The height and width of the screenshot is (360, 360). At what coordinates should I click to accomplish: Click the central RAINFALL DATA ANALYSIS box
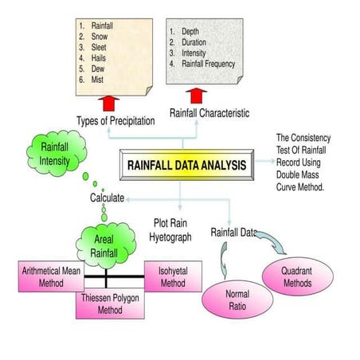coord(188,166)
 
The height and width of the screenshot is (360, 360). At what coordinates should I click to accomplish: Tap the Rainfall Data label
coord(233,233)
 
